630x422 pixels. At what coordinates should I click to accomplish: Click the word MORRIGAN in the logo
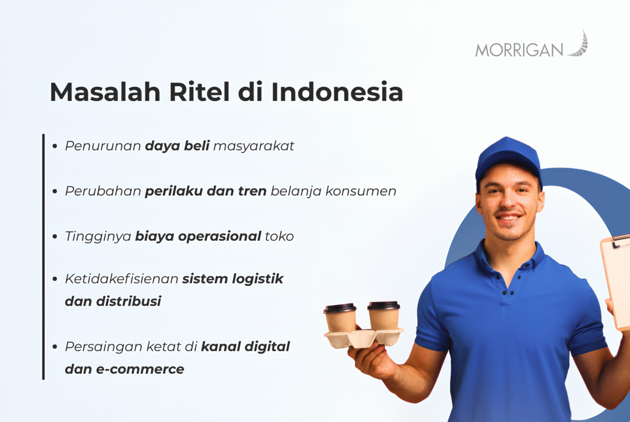[x=519, y=50]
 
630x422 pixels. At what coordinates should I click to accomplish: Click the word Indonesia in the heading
[x=337, y=92]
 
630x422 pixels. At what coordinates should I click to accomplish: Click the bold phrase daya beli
[x=177, y=147]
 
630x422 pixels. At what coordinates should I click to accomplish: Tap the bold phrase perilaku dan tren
[x=205, y=191]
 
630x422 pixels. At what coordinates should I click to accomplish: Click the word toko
[x=279, y=236]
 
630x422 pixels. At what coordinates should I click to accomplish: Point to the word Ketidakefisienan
[x=122, y=278]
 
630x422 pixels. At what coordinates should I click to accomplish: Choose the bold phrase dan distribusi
[x=113, y=302]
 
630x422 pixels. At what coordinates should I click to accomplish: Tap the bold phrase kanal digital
[x=245, y=346]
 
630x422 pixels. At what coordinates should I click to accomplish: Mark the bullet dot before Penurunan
[x=55, y=147]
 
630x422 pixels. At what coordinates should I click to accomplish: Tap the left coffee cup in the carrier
[x=340, y=319]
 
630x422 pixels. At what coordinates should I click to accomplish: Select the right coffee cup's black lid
[x=383, y=306]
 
